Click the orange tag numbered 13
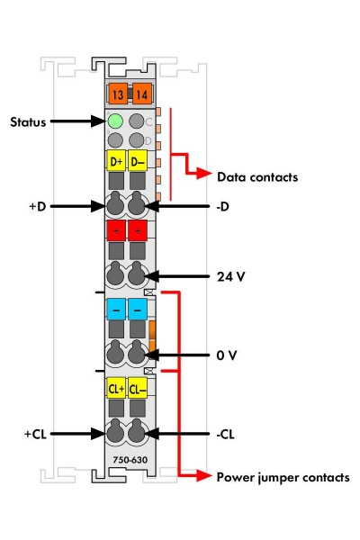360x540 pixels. pyautogui.click(x=116, y=93)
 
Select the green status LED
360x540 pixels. pyautogui.click(x=115, y=121)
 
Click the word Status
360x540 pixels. pyautogui.click(x=28, y=121)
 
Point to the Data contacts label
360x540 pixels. pyautogui.click(x=256, y=177)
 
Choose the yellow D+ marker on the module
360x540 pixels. pyautogui.click(x=115, y=162)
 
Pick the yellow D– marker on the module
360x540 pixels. pyautogui.click(x=138, y=162)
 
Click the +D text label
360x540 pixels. pyautogui.click(x=37, y=206)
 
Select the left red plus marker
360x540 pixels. pyautogui.click(x=115, y=231)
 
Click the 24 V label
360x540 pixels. pyautogui.click(x=230, y=276)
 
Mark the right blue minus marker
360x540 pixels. pyautogui.click(x=138, y=309)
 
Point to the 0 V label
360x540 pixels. pyautogui.click(x=227, y=355)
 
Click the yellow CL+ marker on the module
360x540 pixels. pyautogui.click(x=115, y=389)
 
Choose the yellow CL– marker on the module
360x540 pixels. pyautogui.click(x=138, y=389)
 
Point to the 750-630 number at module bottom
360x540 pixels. pyautogui.click(x=126, y=461)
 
